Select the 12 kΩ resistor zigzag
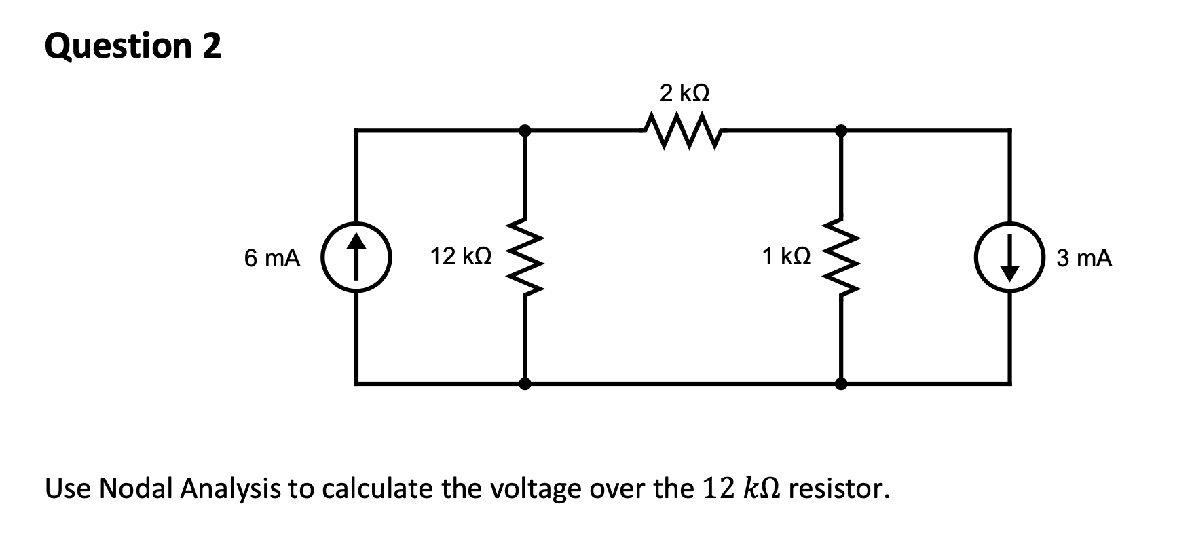click(x=524, y=257)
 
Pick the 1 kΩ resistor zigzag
click(x=841, y=257)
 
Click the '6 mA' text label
click(x=272, y=258)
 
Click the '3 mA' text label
click(x=1084, y=258)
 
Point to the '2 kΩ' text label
click(x=684, y=92)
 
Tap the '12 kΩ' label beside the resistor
click(x=461, y=257)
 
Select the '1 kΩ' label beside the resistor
click(x=786, y=257)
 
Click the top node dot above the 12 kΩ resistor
click(x=524, y=129)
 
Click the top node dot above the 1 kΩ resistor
click(x=841, y=129)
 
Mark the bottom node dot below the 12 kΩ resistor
click(x=524, y=384)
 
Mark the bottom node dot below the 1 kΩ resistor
click(x=841, y=384)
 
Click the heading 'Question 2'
click(x=133, y=46)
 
